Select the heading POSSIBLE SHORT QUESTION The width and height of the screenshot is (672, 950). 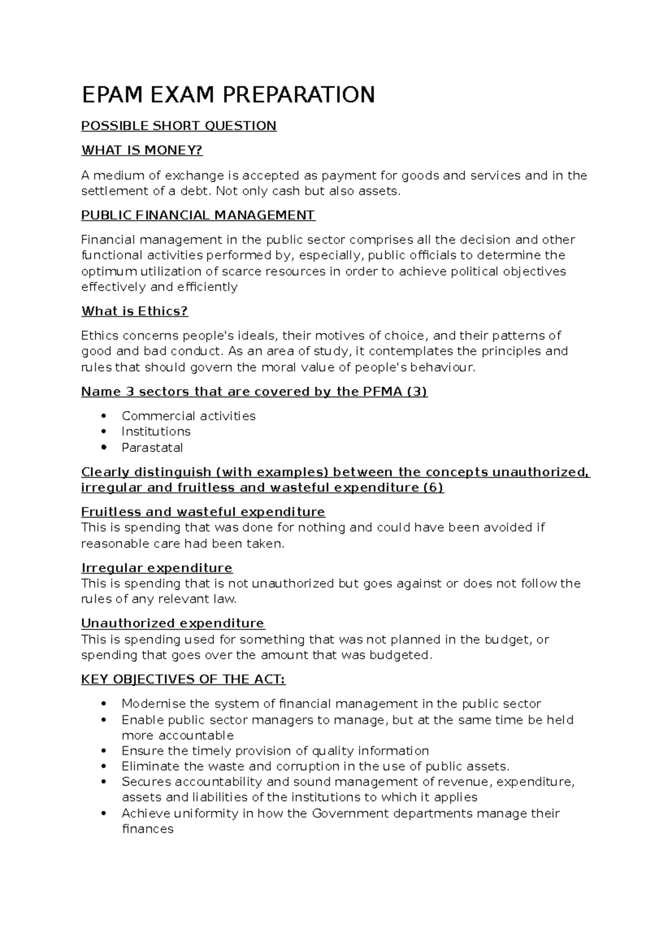[x=179, y=126]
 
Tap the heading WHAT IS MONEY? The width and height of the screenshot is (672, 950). [x=142, y=151]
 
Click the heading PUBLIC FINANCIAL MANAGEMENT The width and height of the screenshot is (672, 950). [x=198, y=215]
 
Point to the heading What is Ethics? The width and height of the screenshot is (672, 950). [x=134, y=311]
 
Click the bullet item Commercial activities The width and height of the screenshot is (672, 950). [x=188, y=416]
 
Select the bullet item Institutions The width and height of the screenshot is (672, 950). [x=156, y=432]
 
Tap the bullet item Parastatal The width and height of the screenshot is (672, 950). [x=152, y=448]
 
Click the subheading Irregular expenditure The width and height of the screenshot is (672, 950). [x=157, y=568]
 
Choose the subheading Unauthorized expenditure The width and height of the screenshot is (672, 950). [x=172, y=623]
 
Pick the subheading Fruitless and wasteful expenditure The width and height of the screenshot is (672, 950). [x=203, y=512]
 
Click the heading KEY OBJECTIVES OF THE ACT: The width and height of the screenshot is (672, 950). [x=183, y=679]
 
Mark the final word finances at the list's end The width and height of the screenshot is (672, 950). [x=148, y=829]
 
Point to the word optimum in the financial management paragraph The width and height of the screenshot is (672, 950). [x=109, y=272]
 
